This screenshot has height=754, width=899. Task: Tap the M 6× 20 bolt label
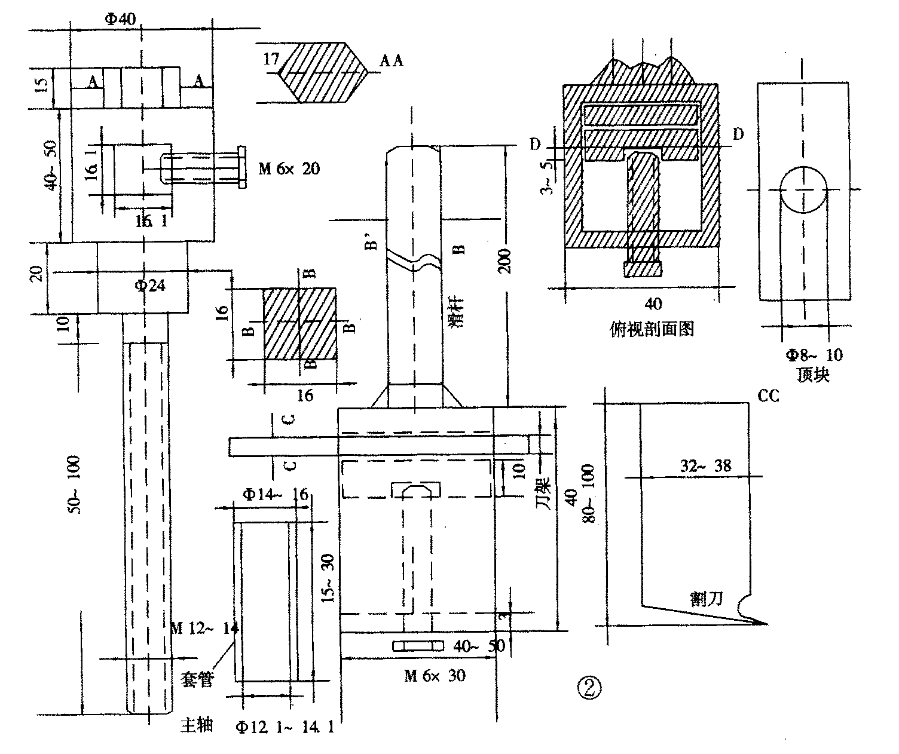click(x=289, y=169)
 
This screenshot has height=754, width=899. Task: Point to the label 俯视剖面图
click(x=652, y=328)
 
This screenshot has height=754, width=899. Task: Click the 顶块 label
click(x=814, y=375)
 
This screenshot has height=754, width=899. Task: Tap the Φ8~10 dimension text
click(x=814, y=355)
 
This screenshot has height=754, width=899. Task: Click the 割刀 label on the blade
click(x=707, y=599)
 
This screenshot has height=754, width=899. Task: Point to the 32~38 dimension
click(x=705, y=466)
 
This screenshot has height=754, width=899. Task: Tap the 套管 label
click(x=197, y=679)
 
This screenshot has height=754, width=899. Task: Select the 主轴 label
click(x=197, y=725)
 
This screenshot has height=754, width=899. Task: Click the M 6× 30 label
click(x=435, y=676)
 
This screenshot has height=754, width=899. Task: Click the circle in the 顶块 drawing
click(x=804, y=189)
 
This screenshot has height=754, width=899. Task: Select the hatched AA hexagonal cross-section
click(x=323, y=72)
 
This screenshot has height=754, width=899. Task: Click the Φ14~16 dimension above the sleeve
click(x=275, y=494)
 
